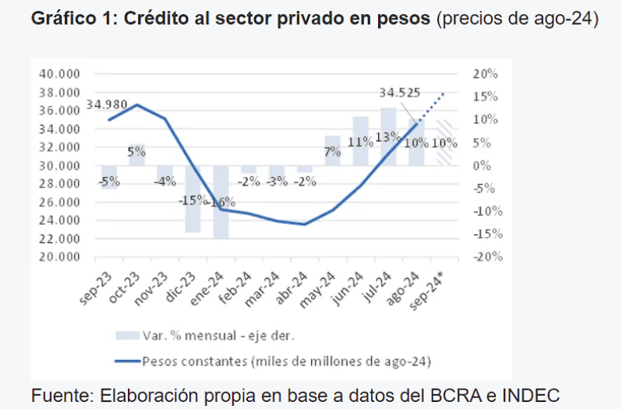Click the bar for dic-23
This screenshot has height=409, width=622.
click(x=193, y=199)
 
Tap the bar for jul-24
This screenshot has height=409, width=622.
click(x=388, y=136)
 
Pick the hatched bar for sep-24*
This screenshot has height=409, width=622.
click(x=444, y=143)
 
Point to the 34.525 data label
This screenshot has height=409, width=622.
click(x=399, y=93)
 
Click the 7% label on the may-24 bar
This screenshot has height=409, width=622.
click(x=333, y=152)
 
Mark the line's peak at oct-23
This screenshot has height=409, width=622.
click(x=137, y=104)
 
